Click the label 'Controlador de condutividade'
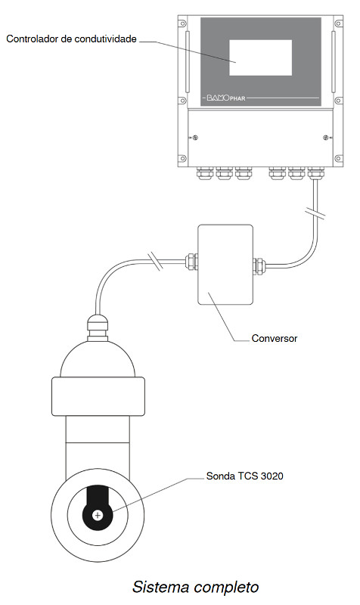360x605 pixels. click(x=71, y=39)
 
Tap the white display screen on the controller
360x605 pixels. click(x=260, y=58)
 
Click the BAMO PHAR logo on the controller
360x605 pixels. click(x=226, y=98)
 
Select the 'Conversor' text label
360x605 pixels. click(x=275, y=338)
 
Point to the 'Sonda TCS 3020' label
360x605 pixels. click(x=244, y=476)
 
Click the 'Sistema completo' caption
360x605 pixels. click(x=196, y=587)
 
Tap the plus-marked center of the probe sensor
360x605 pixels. click(x=98, y=515)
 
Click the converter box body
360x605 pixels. click(x=225, y=265)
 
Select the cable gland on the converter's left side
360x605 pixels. click(x=192, y=262)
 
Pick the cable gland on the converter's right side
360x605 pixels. click(x=259, y=266)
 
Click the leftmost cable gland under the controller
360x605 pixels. click(x=204, y=173)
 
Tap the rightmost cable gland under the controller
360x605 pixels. click(x=315, y=173)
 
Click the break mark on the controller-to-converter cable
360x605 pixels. click(x=315, y=214)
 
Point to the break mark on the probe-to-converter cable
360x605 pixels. click(x=156, y=261)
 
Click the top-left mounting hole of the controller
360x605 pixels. click(x=182, y=23)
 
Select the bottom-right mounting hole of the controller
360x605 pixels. click(x=338, y=159)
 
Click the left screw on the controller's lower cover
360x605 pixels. click(x=195, y=138)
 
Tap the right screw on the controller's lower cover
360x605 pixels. click(x=326, y=138)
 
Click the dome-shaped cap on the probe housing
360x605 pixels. click(x=98, y=358)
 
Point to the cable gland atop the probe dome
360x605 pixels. click(x=98, y=329)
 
